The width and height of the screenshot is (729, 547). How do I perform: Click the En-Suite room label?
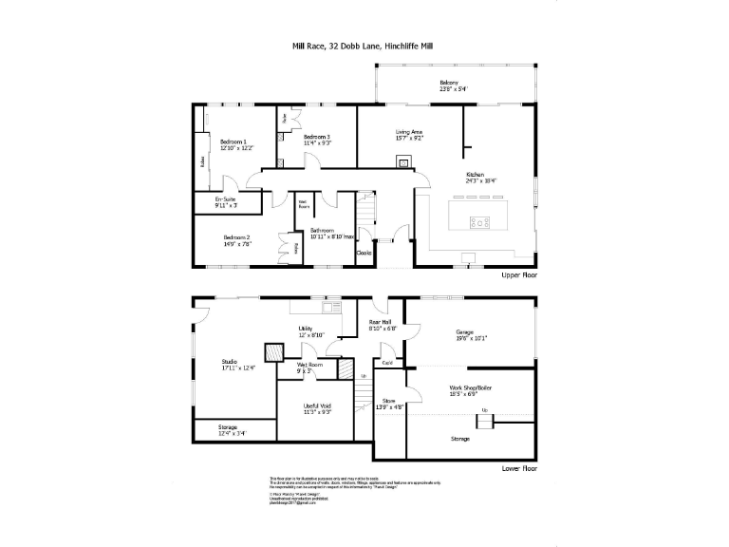225,201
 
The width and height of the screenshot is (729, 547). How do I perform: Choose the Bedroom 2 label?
236,240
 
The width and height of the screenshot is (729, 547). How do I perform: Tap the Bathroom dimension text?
332,236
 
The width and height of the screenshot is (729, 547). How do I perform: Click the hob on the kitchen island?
480,223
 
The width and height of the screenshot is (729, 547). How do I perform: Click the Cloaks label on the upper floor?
364,253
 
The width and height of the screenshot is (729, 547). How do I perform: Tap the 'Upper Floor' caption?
519,274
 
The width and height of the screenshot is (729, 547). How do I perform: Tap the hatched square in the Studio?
272,351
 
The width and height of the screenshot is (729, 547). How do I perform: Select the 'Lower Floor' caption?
519,468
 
